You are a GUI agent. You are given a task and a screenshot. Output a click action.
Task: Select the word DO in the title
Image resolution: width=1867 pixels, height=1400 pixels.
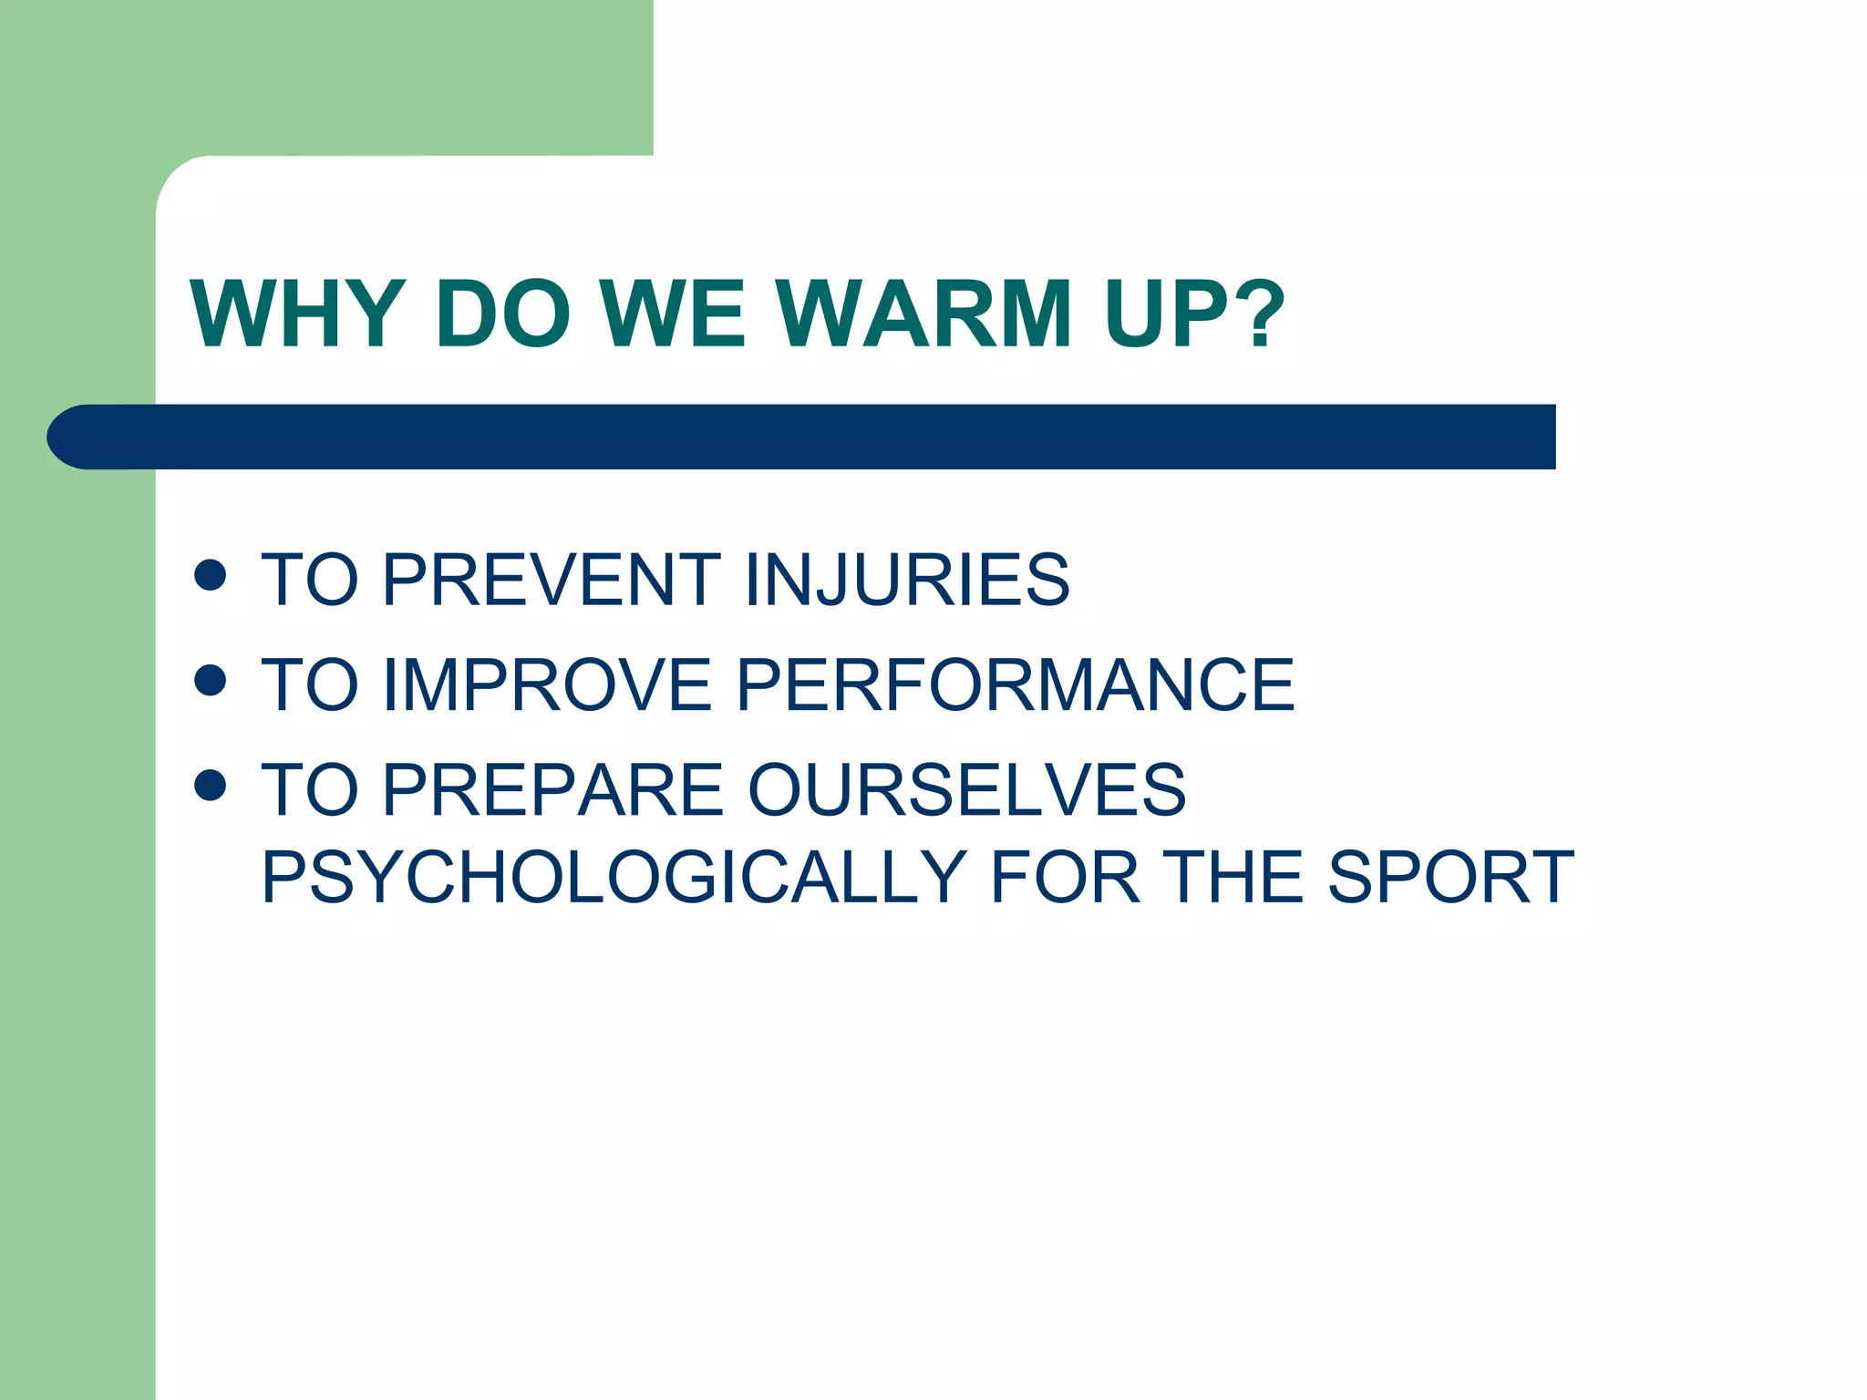tap(503, 314)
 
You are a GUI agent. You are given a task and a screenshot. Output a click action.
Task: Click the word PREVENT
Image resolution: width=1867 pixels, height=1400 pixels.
tap(552, 580)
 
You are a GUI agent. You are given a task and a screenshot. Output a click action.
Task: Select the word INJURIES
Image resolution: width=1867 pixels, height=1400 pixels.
tap(906, 580)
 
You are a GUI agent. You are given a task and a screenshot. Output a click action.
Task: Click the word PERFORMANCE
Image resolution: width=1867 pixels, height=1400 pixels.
tap(1015, 685)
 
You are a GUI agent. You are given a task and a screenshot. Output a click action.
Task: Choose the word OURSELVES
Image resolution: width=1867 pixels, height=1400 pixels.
tap(966, 790)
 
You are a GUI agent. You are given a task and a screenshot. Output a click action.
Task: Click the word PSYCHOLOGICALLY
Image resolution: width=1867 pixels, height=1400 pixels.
tap(614, 878)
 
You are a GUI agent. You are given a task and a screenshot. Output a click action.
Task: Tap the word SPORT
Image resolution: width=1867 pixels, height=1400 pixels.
tap(1450, 878)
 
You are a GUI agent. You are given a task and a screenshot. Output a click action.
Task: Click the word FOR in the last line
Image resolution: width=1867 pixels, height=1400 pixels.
tap(1064, 878)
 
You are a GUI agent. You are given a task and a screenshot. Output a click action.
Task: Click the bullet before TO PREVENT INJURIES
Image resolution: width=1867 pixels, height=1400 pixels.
tap(211, 575)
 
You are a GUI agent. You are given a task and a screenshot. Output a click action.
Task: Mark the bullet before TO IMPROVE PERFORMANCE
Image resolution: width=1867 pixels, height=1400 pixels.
tap(211, 680)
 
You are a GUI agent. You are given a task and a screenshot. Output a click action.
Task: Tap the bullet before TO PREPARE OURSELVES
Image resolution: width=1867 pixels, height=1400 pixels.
tap(211, 785)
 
